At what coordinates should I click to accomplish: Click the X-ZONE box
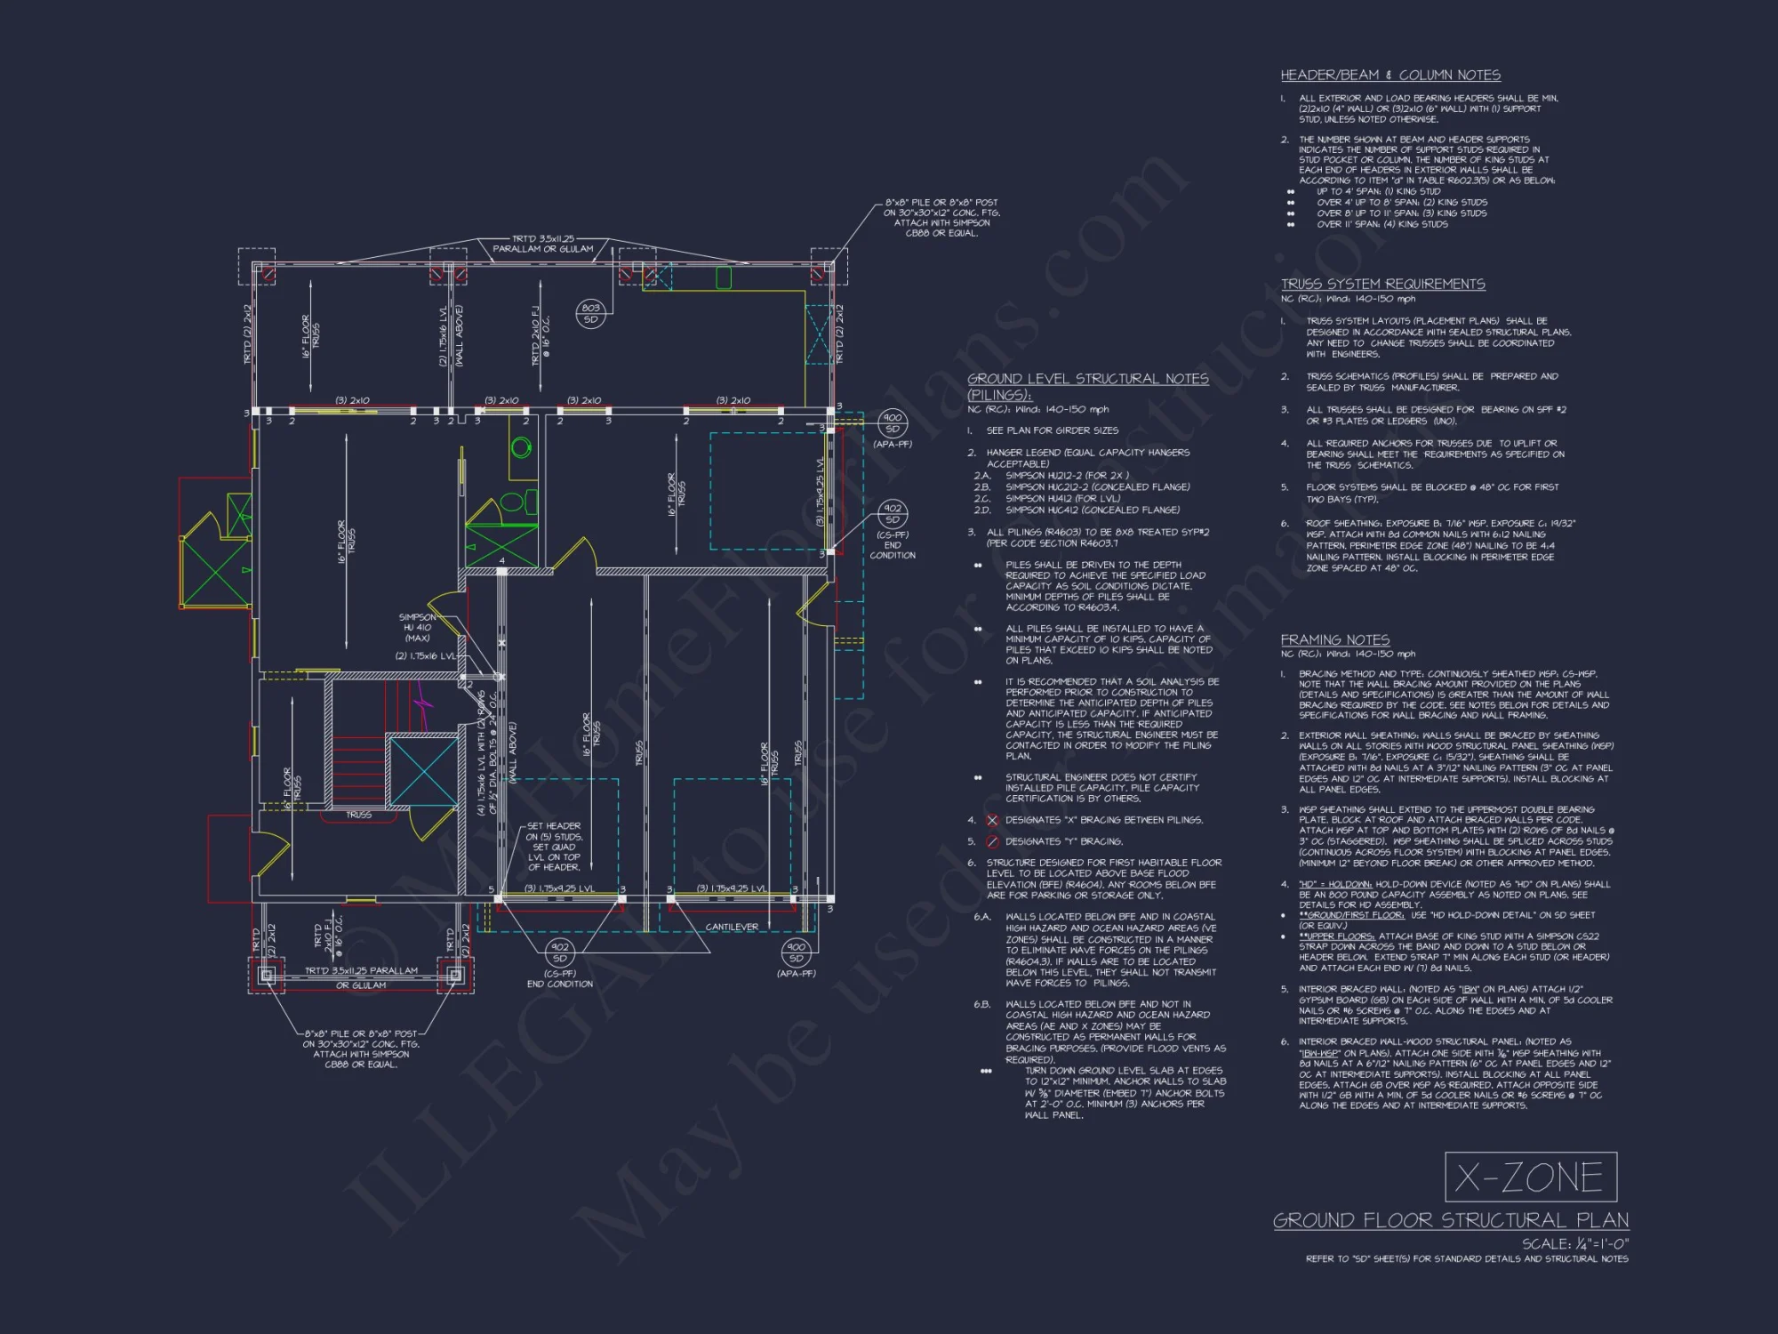tap(1530, 1177)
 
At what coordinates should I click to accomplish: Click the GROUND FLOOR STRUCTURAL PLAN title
tap(1451, 1220)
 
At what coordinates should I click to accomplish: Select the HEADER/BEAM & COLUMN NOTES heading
tap(1390, 76)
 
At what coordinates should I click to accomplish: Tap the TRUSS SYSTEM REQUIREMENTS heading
tap(1382, 284)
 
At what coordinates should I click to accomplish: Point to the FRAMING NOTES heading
tap(1334, 639)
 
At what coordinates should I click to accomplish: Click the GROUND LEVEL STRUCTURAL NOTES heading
tap(1087, 379)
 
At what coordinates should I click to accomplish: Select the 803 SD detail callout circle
tap(590, 313)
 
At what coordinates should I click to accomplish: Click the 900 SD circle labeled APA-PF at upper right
tap(892, 422)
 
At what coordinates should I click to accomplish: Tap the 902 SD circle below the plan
tap(559, 952)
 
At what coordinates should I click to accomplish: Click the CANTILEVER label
tap(732, 927)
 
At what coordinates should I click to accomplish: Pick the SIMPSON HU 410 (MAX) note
tap(417, 627)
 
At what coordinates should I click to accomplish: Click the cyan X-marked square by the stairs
tap(424, 772)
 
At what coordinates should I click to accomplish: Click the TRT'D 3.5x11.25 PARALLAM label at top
tap(542, 244)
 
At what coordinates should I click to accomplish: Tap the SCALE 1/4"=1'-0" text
tap(1574, 1243)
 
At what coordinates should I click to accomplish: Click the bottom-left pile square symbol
tap(266, 975)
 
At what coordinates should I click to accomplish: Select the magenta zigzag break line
tap(427, 707)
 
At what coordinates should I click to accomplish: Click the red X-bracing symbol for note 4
tap(992, 820)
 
